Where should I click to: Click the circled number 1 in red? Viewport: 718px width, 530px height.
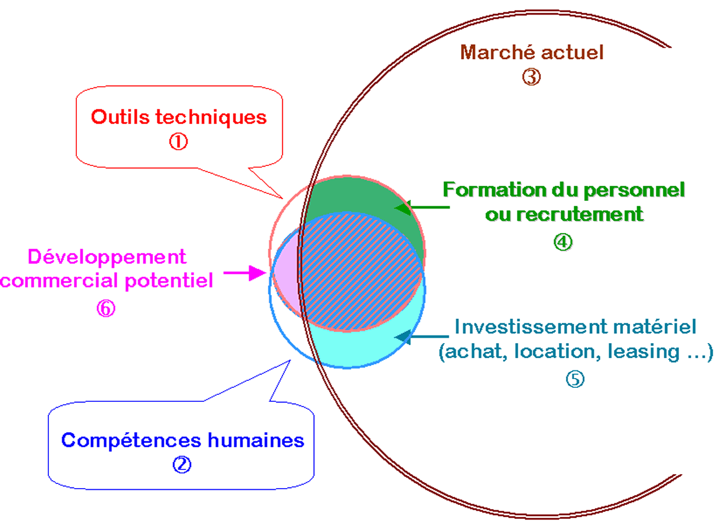point(179,142)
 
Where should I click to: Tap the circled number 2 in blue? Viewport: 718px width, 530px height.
point(182,464)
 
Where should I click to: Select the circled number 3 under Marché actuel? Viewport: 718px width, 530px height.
point(531,77)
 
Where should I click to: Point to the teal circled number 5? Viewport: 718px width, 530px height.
point(575,379)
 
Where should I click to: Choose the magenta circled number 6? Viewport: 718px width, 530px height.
point(106,308)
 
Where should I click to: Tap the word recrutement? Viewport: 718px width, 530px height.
point(580,214)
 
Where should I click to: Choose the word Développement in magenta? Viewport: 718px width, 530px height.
point(107,256)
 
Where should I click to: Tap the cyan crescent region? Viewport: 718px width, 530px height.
point(373,347)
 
